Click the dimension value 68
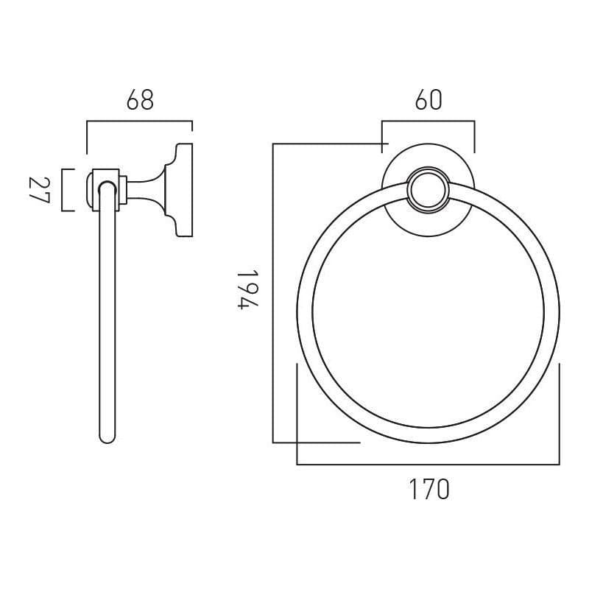click(140, 100)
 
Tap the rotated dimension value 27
click(38, 191)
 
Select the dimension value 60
click(428, 100)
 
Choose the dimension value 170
click(428, 489)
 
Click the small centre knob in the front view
click(428, 189)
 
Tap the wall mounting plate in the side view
click(183, 191)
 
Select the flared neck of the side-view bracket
click(151, 191)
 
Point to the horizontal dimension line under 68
click(140, 121)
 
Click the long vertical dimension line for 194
click(273, 294)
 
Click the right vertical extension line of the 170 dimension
click(560, 412)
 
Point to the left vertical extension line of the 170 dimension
click(297, 412)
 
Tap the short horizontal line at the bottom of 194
click(317, 442)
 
